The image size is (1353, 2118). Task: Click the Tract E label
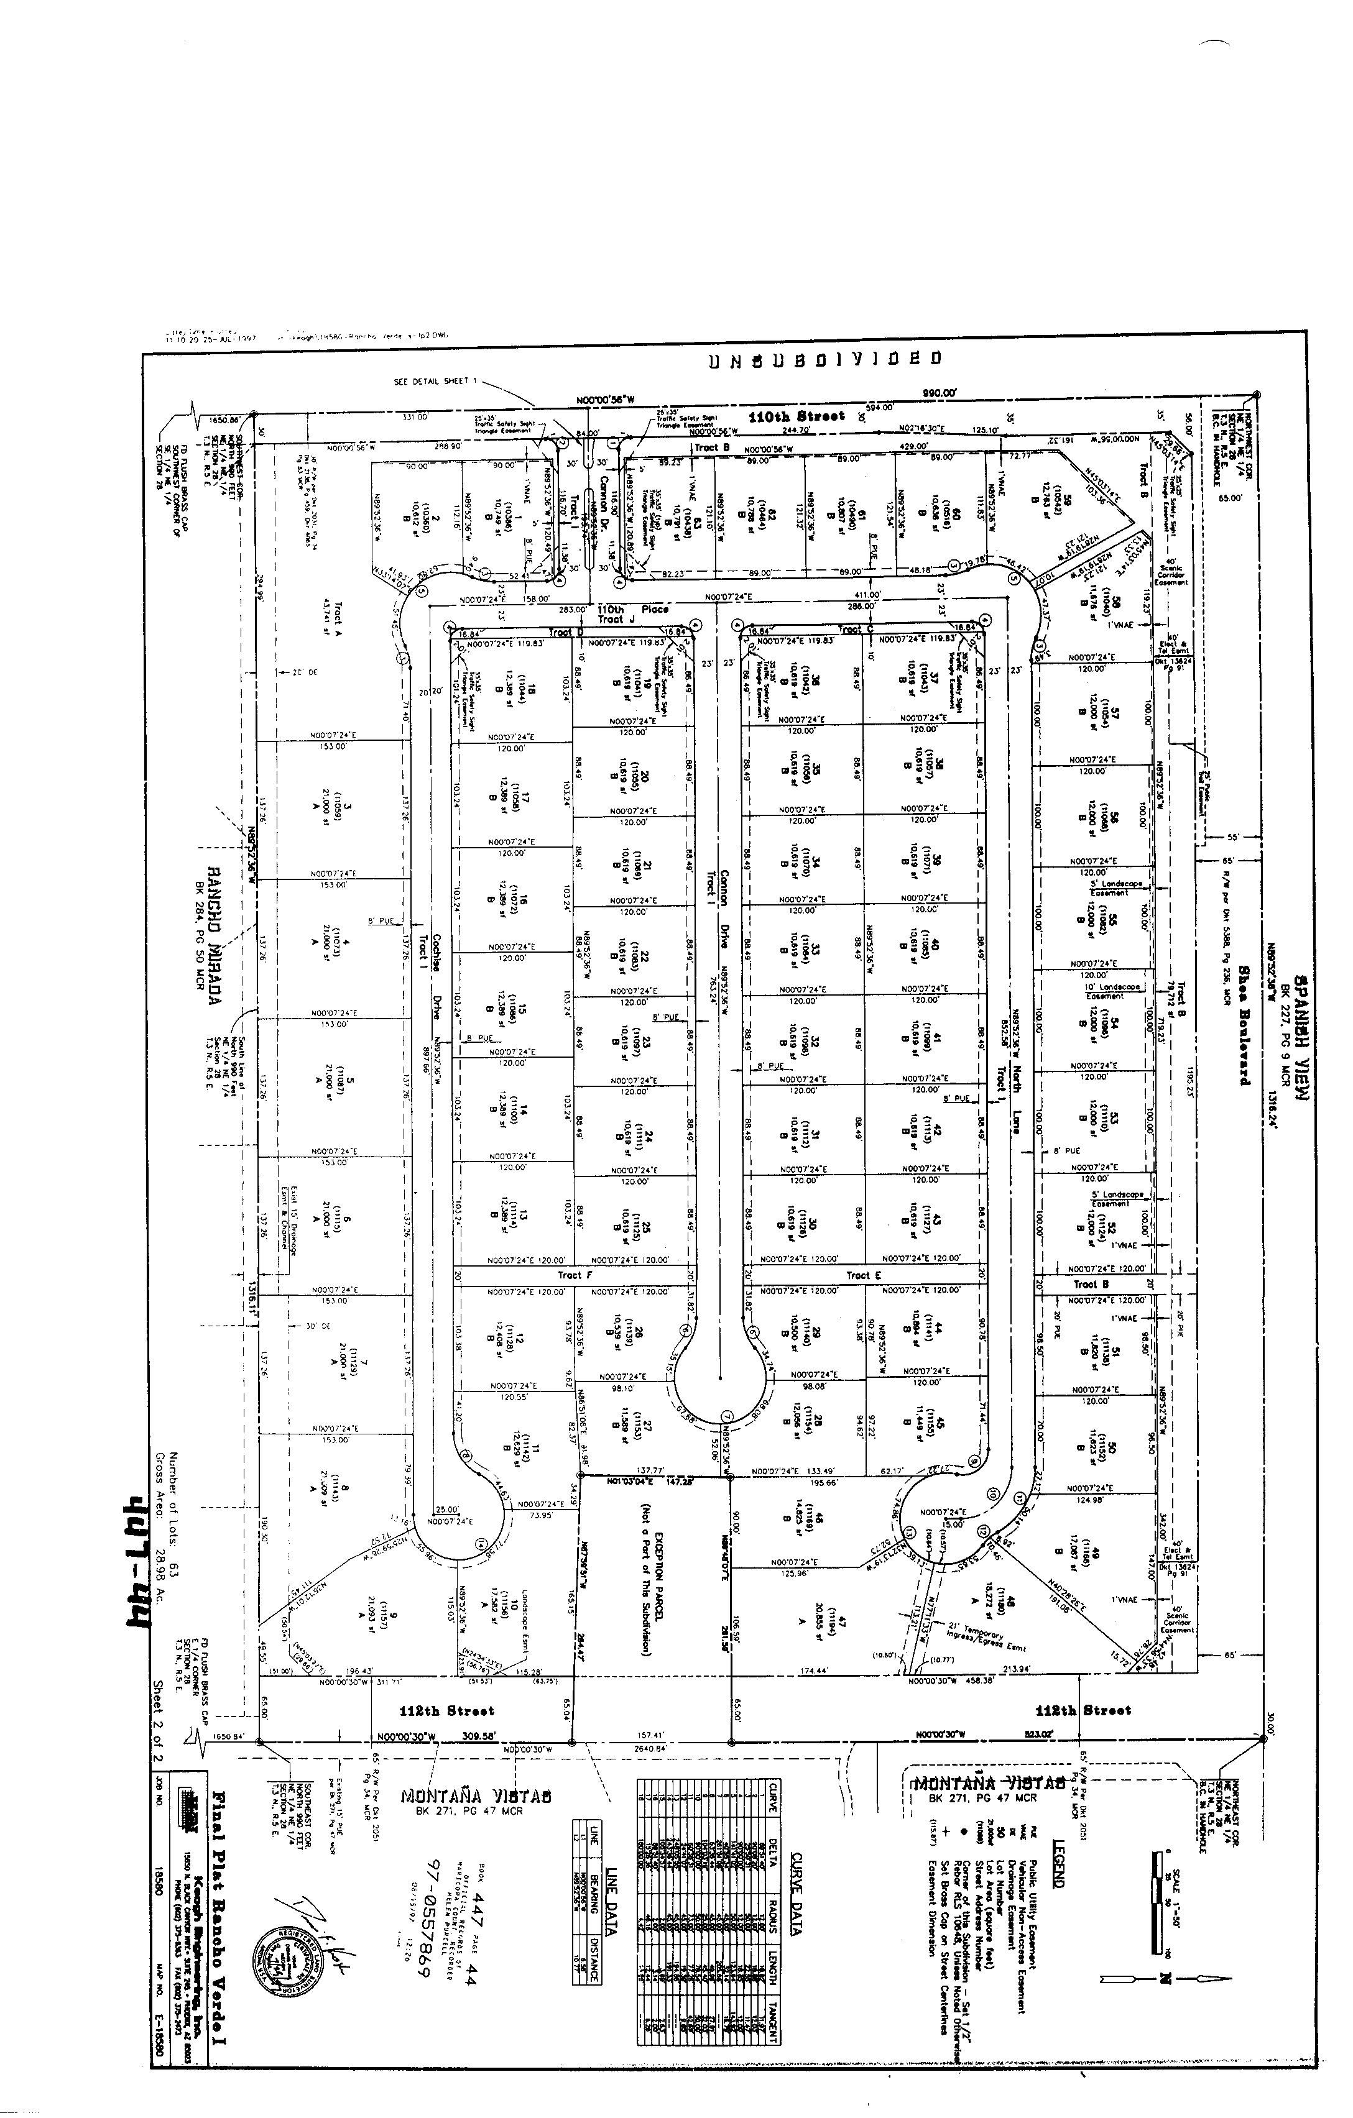[863, 1275]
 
